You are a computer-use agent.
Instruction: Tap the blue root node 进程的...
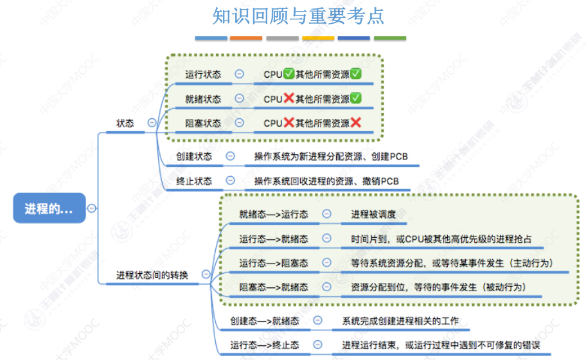pyautogui.click(x=49, y=208)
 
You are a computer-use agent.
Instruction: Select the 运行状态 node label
pyautogui.click(x=202, y=75)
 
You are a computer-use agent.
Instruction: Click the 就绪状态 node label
pyautogui.click(x=202, y=99)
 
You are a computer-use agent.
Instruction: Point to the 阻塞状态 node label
pyautogui.click(x=202, y=123)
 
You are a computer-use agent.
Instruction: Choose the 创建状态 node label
pyautogui.click(x=194, y=156)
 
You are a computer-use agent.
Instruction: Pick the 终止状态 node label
pyautogui.click(x=194, y=181)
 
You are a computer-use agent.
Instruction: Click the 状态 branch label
pyautogui.click(x=125, y=123)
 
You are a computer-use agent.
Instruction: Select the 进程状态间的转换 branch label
pyautogui.click(x=152, y=275)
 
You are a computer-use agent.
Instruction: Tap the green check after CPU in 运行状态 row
pyautogui.click(x=289, y=75)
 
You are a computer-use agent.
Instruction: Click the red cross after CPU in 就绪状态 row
pyautogui.click(x=289, y=99)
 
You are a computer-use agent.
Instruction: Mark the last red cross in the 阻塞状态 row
pyautogui.click(x=355, y=123)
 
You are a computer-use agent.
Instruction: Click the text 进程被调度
pyautogui.click(x=373, y=214)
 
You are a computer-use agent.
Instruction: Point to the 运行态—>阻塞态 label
pyautogui.click(x=273, y=263)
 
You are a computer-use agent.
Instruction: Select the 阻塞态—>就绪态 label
pyautogui.click(x=273, y=287)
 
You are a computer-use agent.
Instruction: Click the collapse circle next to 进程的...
pyautogui.click(x=92, y=208)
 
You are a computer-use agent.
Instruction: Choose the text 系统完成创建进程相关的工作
pyautogui.click(x=400, y=320)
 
